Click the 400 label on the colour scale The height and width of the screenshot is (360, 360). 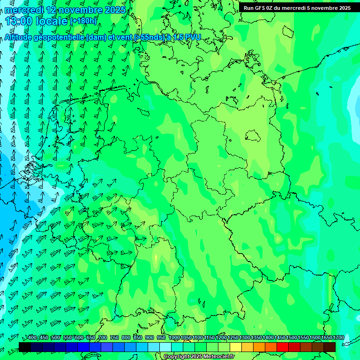point(32,337)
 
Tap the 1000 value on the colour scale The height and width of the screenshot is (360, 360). point(174,337)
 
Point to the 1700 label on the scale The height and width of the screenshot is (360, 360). point(338,337)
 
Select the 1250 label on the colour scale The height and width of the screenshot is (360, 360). point(233,337)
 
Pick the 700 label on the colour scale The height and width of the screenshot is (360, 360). point(103,337)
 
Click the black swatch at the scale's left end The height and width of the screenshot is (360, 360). point(25,347)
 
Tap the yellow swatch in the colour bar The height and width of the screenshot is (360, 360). point(236,347)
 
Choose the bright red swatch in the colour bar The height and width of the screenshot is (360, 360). point(283,347)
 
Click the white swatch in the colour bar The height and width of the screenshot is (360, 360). point(165,347)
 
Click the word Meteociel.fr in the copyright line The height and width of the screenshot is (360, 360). point(217,357)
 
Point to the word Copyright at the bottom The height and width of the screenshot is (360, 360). point(177,357)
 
